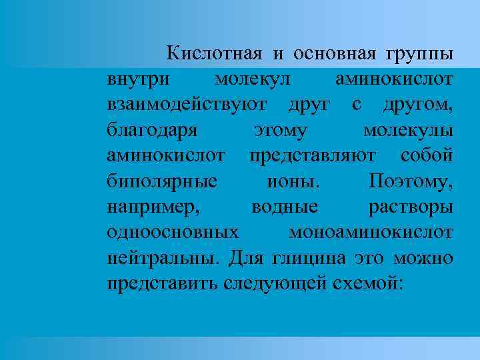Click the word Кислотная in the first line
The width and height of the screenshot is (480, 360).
213,53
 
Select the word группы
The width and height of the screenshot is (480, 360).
417,53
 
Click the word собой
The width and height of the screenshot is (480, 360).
427,154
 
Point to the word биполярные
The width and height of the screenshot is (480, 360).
161,180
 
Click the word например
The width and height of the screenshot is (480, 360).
153,206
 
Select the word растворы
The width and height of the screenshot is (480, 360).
411,206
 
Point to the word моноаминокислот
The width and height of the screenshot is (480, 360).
371,231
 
